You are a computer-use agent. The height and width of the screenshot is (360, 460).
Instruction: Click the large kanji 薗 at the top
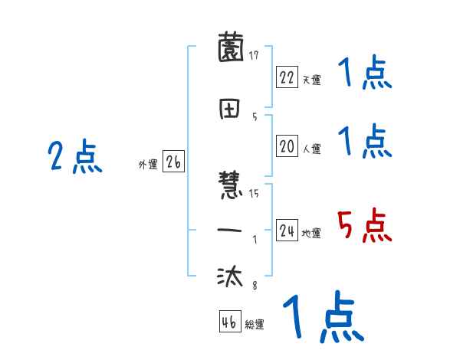point(231,50)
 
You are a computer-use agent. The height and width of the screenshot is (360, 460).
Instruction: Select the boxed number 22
point(287,77)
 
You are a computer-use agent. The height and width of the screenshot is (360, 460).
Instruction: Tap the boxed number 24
point(287,231)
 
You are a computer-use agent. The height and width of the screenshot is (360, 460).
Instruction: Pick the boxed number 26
point(173,162)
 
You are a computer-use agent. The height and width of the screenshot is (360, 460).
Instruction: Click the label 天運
point(311,80)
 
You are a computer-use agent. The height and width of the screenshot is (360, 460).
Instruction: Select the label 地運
point(311,234)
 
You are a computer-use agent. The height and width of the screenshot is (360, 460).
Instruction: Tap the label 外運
point(148,165)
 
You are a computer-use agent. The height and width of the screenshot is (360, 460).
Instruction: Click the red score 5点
point(364,226)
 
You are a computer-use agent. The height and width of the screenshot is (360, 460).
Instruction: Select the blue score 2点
point(74,157)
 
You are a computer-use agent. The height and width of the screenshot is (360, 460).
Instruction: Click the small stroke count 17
point(254,54)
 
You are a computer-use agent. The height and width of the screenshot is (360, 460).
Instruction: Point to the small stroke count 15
point(254,194)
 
